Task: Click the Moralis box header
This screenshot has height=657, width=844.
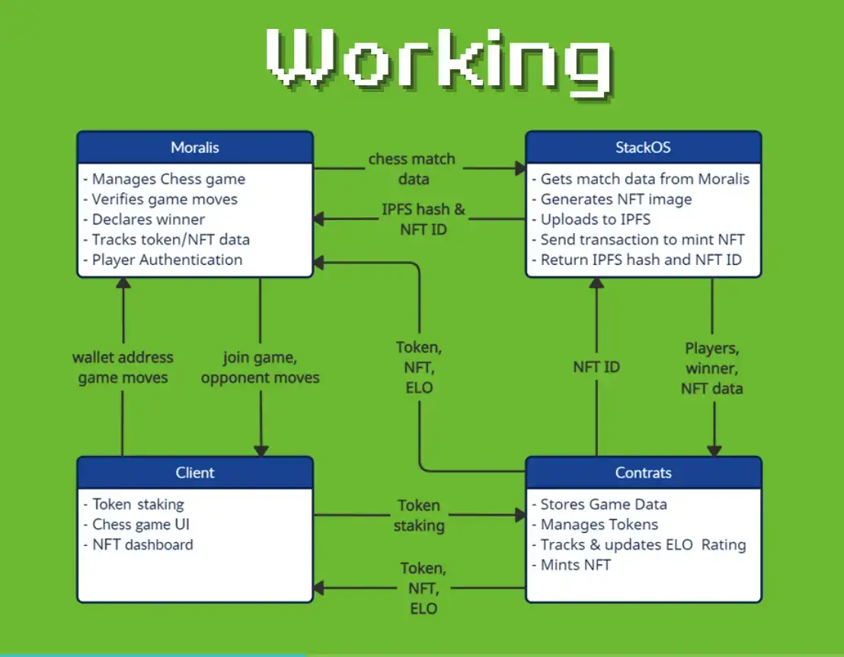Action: [195, 148]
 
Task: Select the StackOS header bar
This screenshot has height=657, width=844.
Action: [643, 148]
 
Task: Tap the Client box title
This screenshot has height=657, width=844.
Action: [195, 473]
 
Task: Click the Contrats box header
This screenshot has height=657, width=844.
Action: [643, 473]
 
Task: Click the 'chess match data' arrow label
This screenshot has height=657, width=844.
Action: [412, 169]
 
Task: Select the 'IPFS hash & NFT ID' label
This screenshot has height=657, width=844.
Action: [423, 218]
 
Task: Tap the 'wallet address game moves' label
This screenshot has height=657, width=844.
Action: [123, 367]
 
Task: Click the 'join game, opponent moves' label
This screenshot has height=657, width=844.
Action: [261, 367]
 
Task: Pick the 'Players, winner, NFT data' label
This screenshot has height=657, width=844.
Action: [712, 368]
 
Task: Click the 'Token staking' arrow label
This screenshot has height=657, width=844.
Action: [418, 515]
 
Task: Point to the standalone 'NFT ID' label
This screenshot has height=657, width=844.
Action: [596, 367]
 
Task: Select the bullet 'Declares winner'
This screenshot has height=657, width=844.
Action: [148, 219]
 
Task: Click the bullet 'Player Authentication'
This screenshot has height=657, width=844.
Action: [167, 260]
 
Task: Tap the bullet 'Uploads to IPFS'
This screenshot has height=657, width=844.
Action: [595, 219]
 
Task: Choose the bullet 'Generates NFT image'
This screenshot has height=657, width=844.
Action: [615, 199]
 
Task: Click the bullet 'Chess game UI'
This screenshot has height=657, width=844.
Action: [141, 525]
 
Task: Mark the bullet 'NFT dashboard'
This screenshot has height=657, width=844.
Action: [142, 544]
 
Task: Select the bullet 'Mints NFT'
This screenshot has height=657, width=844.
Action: [575, 564]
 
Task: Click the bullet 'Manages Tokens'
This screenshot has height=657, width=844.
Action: [599, 525]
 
